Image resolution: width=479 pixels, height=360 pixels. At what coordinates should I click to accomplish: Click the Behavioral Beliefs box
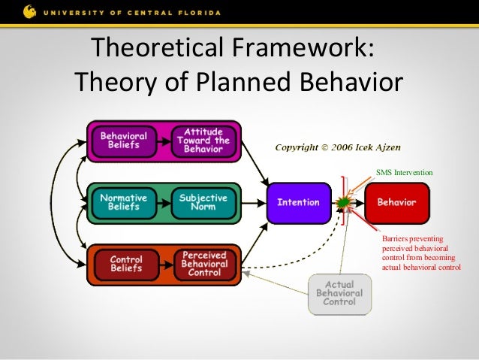(x=124, y=140)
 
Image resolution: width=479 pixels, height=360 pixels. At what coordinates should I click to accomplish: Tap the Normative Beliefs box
(x=124, y=202)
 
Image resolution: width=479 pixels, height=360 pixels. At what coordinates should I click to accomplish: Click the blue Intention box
(x=298, y=202)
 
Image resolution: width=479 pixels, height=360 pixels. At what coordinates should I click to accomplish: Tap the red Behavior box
(x=396, y=202)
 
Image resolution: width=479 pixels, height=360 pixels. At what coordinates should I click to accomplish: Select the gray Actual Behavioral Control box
(x=339, y=294)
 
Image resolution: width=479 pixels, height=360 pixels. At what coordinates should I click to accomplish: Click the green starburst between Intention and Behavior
(x=345, y=202)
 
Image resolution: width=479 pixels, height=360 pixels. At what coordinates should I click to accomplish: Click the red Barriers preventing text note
(x=420, y=252)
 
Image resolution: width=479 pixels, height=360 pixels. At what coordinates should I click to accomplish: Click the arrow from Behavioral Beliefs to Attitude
(x=163, y=140)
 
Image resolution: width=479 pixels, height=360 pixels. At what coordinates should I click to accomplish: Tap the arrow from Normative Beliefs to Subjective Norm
(x=163, y=202)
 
